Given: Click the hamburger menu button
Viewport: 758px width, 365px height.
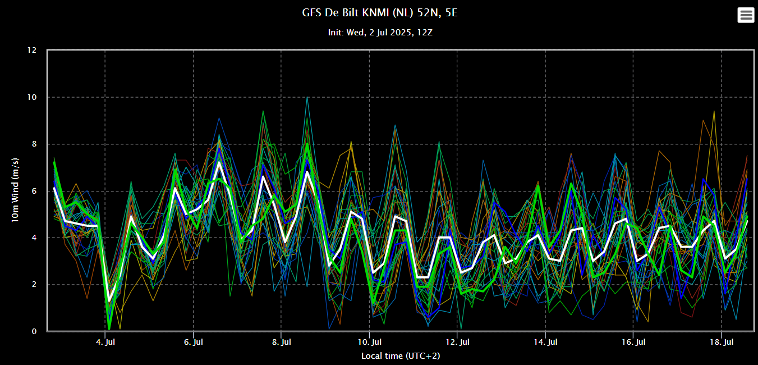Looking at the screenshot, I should pos(746,15).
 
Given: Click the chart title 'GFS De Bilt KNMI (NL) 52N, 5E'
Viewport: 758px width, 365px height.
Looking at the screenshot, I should pos(379,12).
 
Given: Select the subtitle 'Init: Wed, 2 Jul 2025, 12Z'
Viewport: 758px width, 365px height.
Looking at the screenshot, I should pos(380,33).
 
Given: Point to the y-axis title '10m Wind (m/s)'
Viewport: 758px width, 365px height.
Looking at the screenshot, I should pos(15,191).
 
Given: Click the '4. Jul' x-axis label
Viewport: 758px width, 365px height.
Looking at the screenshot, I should pos(105,341).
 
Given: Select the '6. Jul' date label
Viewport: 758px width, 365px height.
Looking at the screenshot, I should pos(193,341).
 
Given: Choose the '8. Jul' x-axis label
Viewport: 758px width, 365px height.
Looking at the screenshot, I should pos(281,341).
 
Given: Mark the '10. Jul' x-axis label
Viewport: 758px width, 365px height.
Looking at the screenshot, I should pos(369,341).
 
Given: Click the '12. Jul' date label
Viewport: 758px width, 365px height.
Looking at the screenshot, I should pos(457,341).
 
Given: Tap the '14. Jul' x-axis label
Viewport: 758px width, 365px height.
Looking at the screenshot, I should pos(545,341).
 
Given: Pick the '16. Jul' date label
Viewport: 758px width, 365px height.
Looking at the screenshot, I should pos(633,341).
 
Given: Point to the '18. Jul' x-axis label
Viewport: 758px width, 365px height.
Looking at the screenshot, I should pos(721,341).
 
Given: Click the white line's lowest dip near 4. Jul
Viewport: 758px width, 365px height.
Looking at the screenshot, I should pos(109,302).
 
